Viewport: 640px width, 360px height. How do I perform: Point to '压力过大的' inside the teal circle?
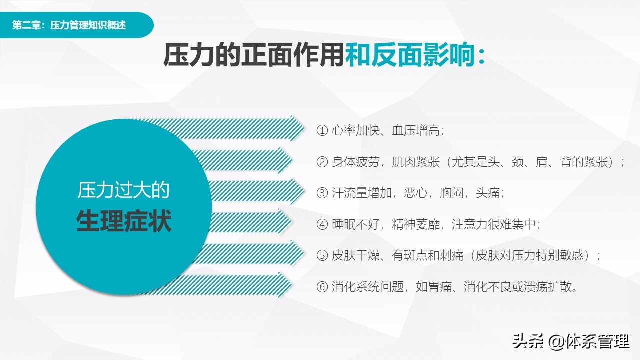pos(124,190)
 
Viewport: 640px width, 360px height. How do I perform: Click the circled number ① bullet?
pos(322,131)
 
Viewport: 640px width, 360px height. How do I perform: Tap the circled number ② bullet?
pos(322,162)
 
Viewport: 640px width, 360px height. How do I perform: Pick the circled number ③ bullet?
pos(322,193)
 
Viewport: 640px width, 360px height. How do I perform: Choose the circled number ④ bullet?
pos(322,224)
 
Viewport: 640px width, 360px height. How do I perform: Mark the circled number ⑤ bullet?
pos(322,255)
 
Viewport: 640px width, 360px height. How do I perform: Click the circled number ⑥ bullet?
pos(322,287)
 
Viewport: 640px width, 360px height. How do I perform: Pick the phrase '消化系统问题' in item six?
pos(367,287)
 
